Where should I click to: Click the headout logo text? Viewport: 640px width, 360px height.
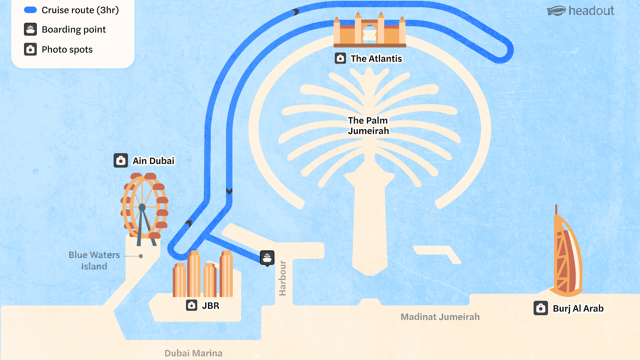pyautogui.click(x=591, y=11)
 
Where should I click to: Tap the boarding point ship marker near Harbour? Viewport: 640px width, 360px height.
pyautogui.click(x=267, y=258)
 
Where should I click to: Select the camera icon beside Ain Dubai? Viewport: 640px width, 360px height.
pyautogui.click(x=120, y=160)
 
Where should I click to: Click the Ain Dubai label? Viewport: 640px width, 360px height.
pyautogui.click(x=153, y=161)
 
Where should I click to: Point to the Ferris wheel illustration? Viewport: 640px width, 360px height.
pyautogui.click(x=144, y=210)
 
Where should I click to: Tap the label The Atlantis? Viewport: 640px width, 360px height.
pyautogui.click(x=376, y=59)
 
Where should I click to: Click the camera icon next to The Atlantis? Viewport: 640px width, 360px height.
pyautogui.click(x=340, y=58)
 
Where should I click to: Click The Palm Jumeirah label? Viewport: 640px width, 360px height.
pyautogui.click(x=368, y=126)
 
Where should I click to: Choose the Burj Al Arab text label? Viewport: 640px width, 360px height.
pyautogui.click(x=578, y=309)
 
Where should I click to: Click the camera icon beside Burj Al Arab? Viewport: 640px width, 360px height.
pyautogui.click(x=541, y=308)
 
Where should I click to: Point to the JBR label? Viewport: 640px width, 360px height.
pyautogui.click(x=211, y=306)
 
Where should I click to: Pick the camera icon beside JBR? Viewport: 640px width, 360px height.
pyautogui.click(x=191, y=305)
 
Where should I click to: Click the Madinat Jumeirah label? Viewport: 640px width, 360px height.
pyautogui.click(x=440, y=317)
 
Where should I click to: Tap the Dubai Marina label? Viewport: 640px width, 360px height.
pyautogui.click(x=193, y=353)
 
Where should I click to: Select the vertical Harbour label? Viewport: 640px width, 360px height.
pyautogui.click(x=282, y=278)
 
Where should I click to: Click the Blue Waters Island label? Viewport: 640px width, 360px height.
pyautogui.click(x=94, y=260)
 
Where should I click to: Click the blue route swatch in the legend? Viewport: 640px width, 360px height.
pyautogui.click(x=30, y=10)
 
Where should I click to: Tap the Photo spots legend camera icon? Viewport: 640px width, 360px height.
pyautogui.click(x=30, y=49)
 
